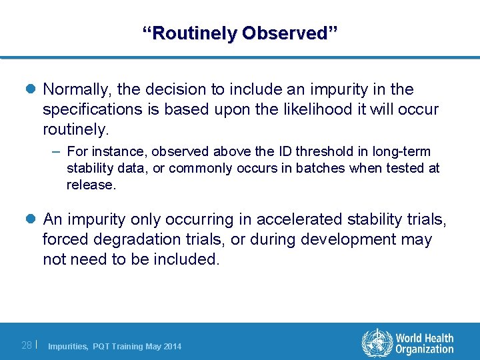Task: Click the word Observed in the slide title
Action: tap(290, 33)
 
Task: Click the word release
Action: tap(90, 185)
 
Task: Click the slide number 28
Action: tap(27, 345)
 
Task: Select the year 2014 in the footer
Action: tap(171, 346)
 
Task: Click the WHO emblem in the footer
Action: tap(376, 343)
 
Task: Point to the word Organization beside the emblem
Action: tap(424, 349)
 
